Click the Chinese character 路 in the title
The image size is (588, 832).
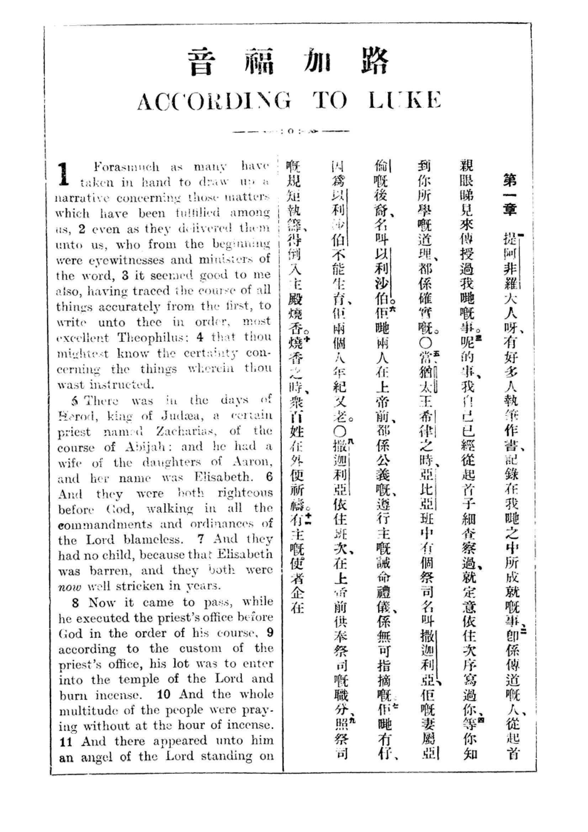pos(375,61)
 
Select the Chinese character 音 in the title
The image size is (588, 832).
pos(201,62)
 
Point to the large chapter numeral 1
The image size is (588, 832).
pos(64,174)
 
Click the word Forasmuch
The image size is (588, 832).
pos(126,167)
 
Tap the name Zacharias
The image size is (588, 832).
pos(186,431)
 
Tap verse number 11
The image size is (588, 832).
pos(66,742)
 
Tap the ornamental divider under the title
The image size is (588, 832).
pos(291,131)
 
